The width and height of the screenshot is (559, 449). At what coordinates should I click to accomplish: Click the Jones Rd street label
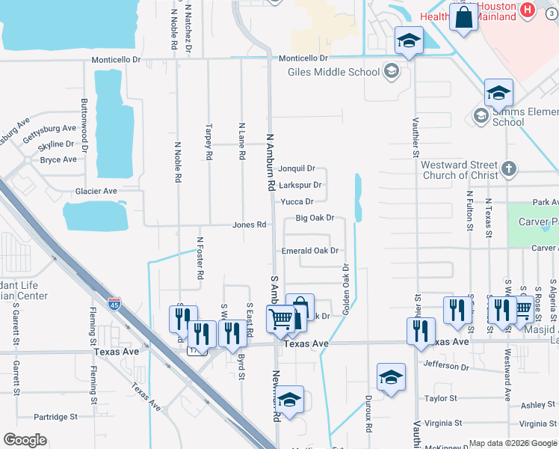tap(250, 224)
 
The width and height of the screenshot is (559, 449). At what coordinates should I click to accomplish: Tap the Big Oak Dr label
tap(314, 219)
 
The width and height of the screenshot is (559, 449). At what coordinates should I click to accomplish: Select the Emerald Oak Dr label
tap(310, 251)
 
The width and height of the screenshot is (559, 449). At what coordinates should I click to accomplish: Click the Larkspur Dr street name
tap(300, 185)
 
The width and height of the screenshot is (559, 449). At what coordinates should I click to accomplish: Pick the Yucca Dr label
tap(297, 201)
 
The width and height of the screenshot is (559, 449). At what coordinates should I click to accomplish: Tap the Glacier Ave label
tap(96, 192)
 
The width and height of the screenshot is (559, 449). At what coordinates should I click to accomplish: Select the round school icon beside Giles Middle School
tap(390, 72)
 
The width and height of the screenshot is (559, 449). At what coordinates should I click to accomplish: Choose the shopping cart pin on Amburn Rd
tap(281, 320)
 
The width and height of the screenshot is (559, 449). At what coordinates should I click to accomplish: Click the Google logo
tap(25, 440)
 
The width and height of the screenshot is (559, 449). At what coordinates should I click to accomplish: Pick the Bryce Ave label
tap(58, 159)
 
